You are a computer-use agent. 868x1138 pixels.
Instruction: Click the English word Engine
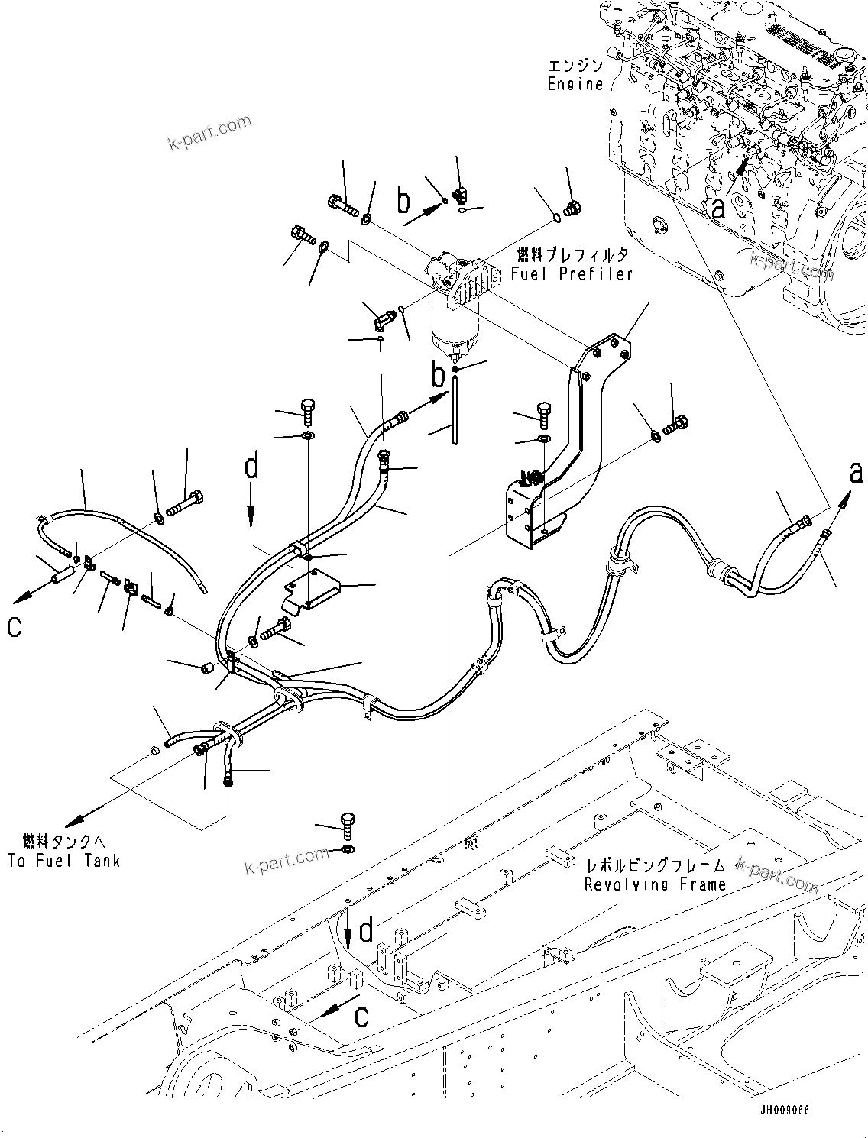(575, 84)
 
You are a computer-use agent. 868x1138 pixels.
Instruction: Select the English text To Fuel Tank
(64, 860)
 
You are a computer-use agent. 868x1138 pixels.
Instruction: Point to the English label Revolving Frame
(655, 884)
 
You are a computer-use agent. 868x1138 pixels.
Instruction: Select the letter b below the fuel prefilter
(438, 377)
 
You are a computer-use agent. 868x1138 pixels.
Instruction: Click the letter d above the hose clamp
(251, 467)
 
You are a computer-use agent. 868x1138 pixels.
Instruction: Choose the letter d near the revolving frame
(367, 929)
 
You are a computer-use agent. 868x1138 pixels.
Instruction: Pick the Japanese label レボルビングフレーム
(655, 866)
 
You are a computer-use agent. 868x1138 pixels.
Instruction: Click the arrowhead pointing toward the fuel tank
(73, 821)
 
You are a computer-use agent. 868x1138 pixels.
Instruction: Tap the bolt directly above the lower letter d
(345, 822)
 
